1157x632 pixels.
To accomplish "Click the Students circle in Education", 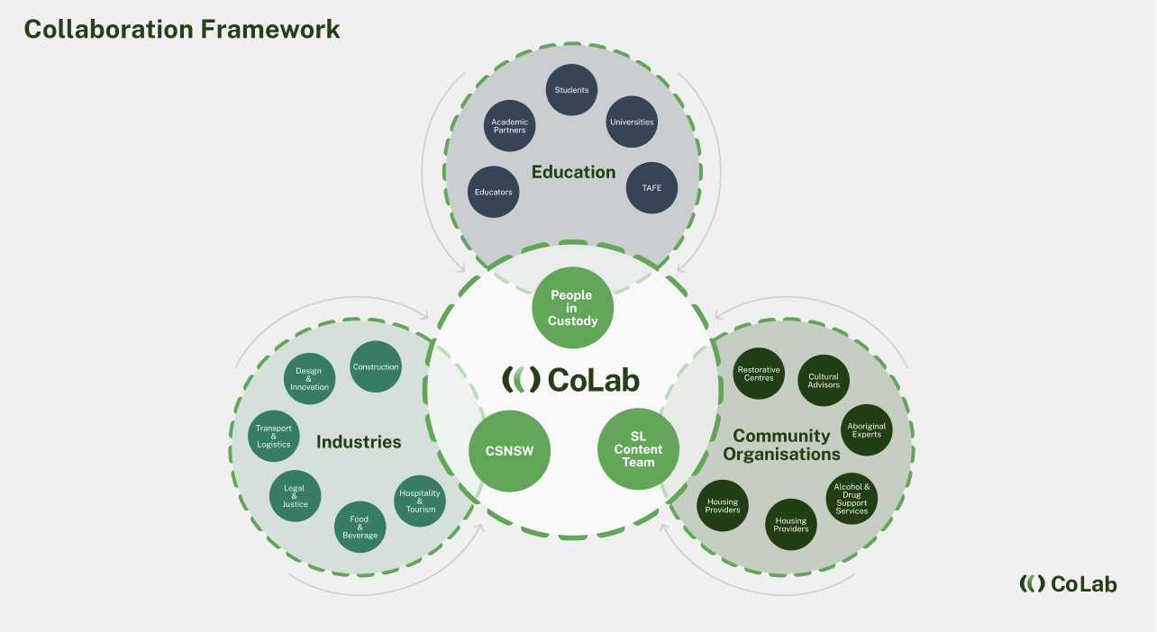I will click(571, 90).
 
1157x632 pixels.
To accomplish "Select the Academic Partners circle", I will click(509, 126).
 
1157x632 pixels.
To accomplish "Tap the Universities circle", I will click(632, 122).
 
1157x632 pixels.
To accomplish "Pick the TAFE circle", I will click(651, 188).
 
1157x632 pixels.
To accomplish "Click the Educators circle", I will click(493, 192).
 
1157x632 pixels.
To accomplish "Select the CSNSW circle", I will click(509, 450).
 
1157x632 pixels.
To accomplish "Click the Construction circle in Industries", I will click(376, 366).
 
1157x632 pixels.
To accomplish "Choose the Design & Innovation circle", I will click(309, 379).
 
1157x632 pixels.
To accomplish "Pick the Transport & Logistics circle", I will click(273, 437).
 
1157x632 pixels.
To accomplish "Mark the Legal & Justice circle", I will click(295, 496).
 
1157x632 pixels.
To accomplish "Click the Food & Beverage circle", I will click(360, 527).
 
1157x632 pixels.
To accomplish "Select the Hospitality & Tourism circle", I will click(420, 501).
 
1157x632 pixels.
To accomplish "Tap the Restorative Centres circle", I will click(759, 374).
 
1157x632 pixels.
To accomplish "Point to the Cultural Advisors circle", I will click(824, 380).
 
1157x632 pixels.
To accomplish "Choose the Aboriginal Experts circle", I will click(866, 429).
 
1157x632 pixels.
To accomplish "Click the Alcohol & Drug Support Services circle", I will click(852, 499).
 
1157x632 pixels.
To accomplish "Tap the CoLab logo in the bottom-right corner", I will click(1068, 583).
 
